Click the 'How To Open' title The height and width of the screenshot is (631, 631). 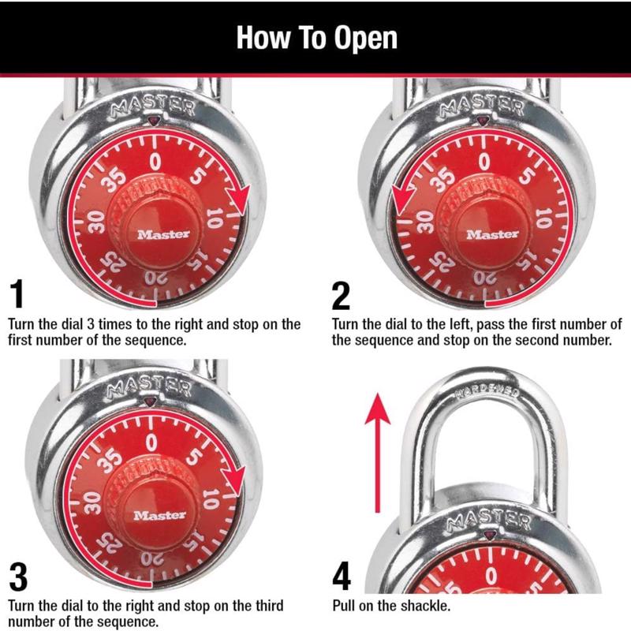[x=316, y=38]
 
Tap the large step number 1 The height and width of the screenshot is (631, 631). [x=17, y=294]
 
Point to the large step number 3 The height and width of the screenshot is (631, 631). [x=17, y=578]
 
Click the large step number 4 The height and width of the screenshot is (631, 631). [x=342, y=578]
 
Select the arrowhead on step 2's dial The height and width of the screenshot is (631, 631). [x=401, y=200]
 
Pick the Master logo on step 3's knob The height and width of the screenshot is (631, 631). [x=160, y=515]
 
